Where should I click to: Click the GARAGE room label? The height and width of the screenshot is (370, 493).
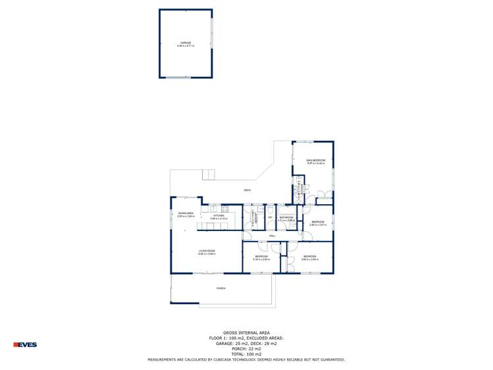pyautogui.click(x=186, y=43)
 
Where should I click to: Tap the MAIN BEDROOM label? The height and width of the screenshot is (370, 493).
pyautogui.click(x=315, y=161)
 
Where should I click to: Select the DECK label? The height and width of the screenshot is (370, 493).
pyautogui.click(x=247, y=190)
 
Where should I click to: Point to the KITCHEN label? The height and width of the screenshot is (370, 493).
pyautogui.click(x=219, y=215)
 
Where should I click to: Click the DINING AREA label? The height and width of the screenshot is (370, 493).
pyautogui.click(x=186, y=213)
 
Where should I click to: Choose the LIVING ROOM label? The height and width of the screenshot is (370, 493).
pyautogui.click(x=207, y=251)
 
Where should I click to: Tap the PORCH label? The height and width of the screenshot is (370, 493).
pyautogui.click(x=221, y=288)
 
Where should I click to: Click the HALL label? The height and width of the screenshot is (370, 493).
pyautogui.click(x=272, y=236)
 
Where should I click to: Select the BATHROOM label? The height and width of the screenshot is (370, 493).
pyautogui.click(x=286, y=217)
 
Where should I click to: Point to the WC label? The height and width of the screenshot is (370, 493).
pyautogui.click(x=270, y=217)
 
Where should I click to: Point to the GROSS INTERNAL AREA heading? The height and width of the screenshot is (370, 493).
pyautogui.click(x=246, y=333)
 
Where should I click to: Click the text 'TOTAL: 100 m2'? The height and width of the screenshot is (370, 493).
pyautogui.click(x=246, y=354)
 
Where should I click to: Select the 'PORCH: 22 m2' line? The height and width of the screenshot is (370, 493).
pyautogui.click(x=246, y=349)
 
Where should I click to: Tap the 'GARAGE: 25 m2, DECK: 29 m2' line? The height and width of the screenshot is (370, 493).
pyautogui.click(x=246, y=344)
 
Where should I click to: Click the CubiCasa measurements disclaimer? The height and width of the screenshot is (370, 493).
pyautogui.click(x=246, y=359)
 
